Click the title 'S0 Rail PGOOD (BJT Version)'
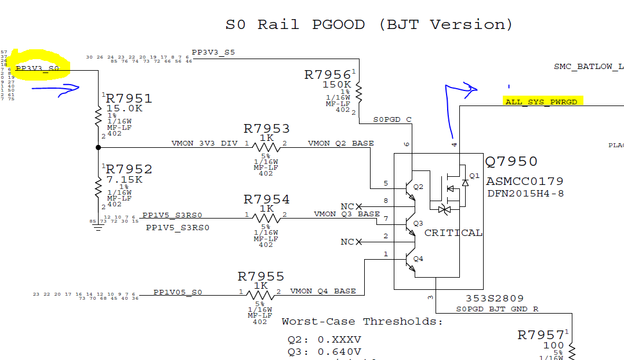[369, 25]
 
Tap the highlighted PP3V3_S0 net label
[38, 68]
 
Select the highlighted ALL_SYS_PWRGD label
[541, 102]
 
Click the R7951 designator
[129, 99]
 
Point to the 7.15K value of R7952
[124, 180]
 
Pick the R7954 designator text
[266, 199]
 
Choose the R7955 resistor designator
[260, 277]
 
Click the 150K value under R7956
[336, 85]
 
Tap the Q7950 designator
[511, 162]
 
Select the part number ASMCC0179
[524, 181]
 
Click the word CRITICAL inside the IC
[453, 233]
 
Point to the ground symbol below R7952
[98, 227]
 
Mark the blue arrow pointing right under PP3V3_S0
[55, 89]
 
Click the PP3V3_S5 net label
[213, 53]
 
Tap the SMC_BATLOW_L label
[588, 67]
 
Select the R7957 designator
[540, 335]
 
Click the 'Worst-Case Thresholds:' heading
[362, 322]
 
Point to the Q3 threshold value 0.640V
[339, 352]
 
